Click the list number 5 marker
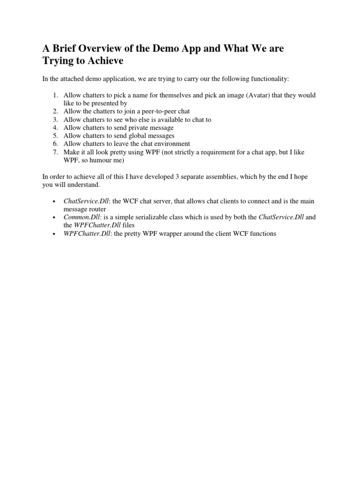55,136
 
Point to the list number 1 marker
55,95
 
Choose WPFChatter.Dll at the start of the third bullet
86,233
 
